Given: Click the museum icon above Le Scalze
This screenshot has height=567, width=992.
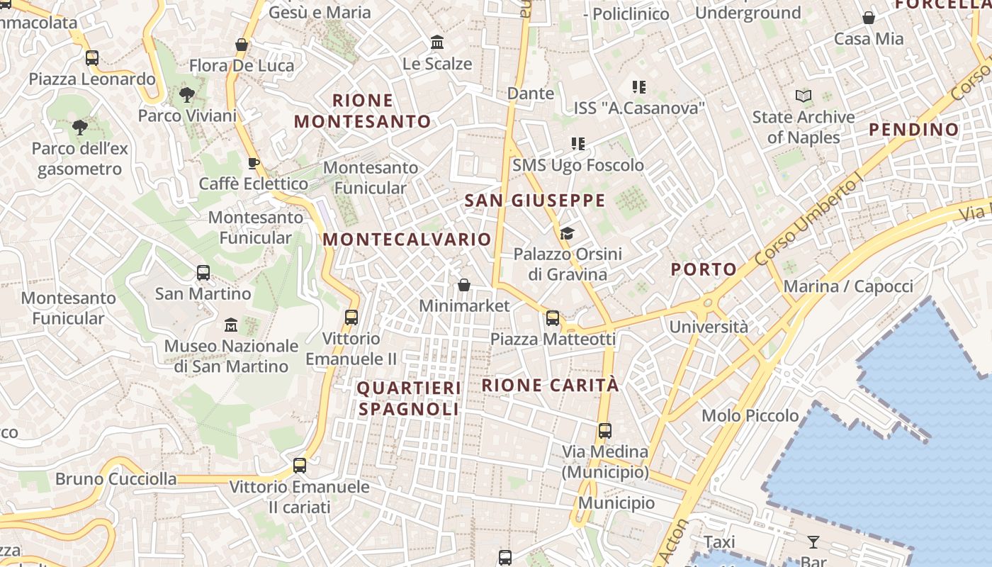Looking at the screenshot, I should (437, 43).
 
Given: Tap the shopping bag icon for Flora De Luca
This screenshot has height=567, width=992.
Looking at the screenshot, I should (242, 45).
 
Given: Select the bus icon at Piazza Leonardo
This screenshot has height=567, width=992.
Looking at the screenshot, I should (92, 58).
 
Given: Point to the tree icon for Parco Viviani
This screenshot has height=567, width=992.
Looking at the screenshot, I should (187, 94).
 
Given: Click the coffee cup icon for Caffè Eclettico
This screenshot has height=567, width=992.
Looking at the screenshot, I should (254, 164).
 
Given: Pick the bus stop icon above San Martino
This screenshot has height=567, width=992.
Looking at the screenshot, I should (203, 272).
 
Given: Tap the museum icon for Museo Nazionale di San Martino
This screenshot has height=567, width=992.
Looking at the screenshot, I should (231, 325).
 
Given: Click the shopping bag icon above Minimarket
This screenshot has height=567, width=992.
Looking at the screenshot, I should (464, 285).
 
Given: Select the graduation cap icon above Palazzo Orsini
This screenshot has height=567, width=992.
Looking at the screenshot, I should (567, 233).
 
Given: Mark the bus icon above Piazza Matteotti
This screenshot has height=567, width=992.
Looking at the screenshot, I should (553, 318).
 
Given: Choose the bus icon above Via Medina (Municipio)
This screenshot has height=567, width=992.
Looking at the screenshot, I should (604, 430).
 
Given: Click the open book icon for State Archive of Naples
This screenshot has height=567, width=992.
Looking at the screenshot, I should (804, 96).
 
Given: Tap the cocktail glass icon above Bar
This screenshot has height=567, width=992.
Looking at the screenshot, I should (813, 542).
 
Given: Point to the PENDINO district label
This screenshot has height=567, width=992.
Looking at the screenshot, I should (913, 130).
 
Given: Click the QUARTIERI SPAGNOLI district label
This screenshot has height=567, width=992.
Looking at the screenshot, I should (409, 398).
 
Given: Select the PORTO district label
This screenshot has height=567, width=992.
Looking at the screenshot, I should (704, 269).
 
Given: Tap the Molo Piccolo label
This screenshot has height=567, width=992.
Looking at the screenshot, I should (750, 415).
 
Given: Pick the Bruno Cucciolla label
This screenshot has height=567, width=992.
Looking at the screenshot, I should (116, 479).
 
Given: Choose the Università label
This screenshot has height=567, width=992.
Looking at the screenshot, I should (709, 327).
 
